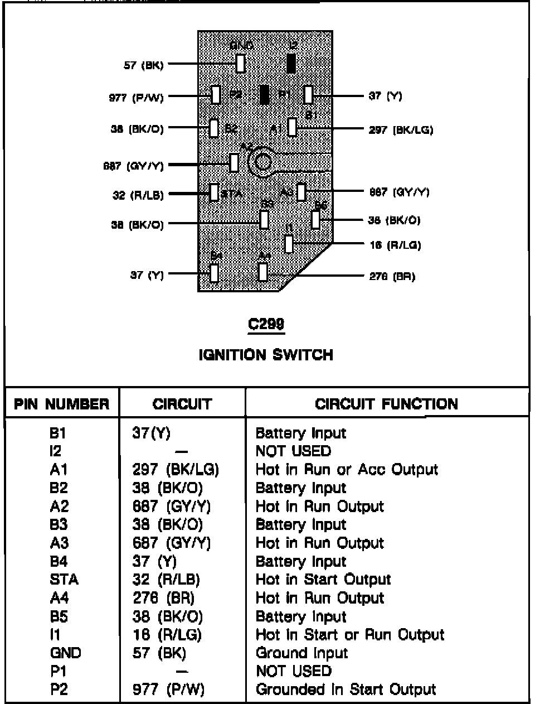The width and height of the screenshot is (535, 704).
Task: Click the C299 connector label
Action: tap(266, 324)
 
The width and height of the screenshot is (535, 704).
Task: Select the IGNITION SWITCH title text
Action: tap(266, 355)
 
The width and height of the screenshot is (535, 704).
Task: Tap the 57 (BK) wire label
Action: tap(143, 65)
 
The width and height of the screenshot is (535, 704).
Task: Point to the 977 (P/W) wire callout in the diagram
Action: tap(136, 98)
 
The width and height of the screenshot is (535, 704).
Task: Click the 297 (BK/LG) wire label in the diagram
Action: tap(401, 130)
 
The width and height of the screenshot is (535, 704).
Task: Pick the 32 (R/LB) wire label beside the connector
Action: tap(138, 195)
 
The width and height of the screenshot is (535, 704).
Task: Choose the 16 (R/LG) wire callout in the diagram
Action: tap(395, 245)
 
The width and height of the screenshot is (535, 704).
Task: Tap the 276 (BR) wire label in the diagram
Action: tap(392, 276)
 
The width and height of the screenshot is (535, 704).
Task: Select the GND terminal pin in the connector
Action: tap(240, 63)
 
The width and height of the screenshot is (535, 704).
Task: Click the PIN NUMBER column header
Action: tap(61, 404)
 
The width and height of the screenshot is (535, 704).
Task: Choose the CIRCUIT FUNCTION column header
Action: tap(386, 404)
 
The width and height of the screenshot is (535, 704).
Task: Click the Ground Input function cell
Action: tap(301, 653)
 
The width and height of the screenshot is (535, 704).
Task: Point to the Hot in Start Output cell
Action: tap(323, 580)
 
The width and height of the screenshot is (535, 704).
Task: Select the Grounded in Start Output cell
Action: tap(346, 689)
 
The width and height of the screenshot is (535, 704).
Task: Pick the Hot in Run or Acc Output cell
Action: tap(347, 469)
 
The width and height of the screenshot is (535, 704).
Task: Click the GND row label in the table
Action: tap(65, 653)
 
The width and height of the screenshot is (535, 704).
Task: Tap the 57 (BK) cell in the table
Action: tap(159, 653)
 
